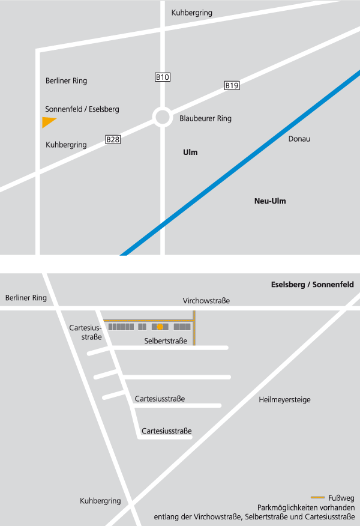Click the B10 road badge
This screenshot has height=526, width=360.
tap(163, 77)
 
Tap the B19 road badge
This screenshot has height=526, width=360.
tap(232, 86)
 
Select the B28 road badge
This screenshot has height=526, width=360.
tap(113, 140)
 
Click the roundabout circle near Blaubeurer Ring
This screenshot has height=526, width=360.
tap(163, 116)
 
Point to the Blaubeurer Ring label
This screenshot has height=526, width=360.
tap(205, 119)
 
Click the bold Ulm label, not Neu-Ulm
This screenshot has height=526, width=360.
tap(190, 153)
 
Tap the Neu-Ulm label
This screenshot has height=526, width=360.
tap(270, 201)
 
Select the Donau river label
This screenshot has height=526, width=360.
tap(299, 139)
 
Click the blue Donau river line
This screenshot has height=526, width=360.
tap(240, 162)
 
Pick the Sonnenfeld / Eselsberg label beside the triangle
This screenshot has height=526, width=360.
tap(82, 109)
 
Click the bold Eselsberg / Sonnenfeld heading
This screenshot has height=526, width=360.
tap(313, 285)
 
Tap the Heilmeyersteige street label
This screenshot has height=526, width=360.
tap(284, 400)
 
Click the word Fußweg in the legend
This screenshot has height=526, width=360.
tap(342, 498)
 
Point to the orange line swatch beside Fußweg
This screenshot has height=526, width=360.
tap(318, 498)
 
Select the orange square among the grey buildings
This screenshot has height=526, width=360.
tap(160, 327)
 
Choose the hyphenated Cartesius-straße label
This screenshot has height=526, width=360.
tap(86, 332)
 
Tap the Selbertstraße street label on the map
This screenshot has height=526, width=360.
tap(166, 341)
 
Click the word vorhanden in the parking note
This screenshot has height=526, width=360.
tap(337, 507)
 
